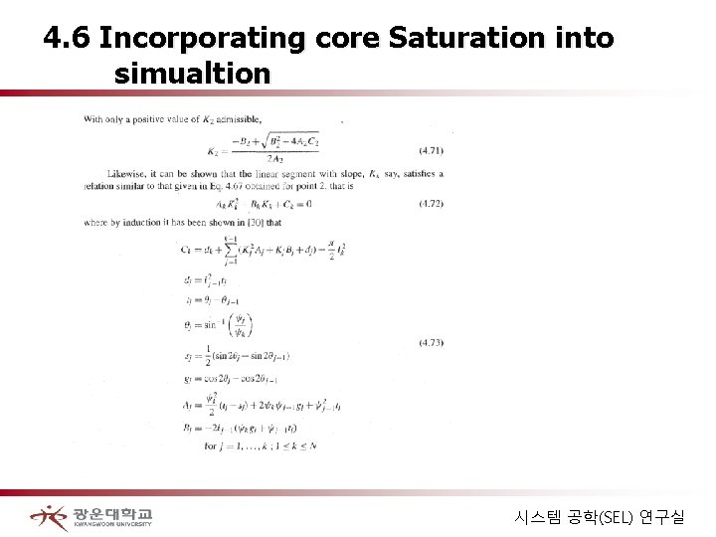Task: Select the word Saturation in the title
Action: pyautogui.click(x=453, y=39)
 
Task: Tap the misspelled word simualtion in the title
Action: pyautogui.click(x=192, y=73)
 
